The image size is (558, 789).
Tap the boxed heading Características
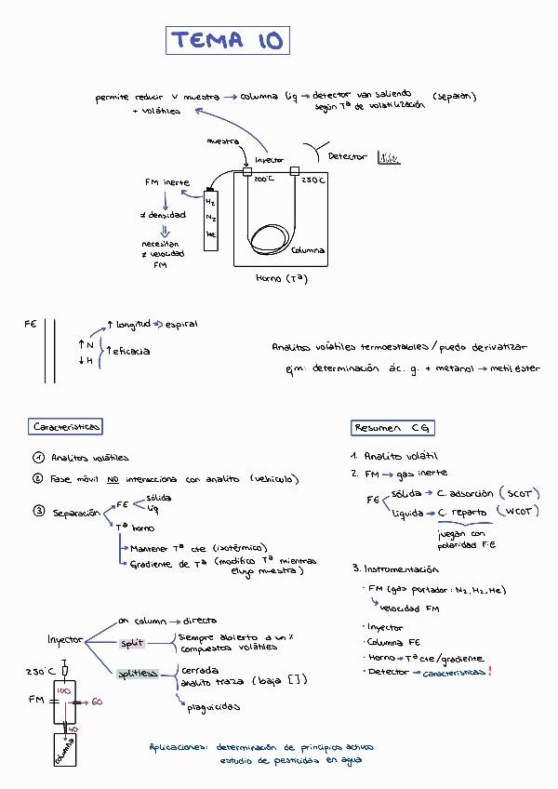tap(66, 426)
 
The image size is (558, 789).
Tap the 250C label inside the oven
tap(313, 180)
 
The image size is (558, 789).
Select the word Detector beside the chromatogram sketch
tap(348, 157)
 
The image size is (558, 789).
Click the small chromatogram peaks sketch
tap(389, 158)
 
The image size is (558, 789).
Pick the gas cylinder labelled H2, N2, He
tap(211, 216)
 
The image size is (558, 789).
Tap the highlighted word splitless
tap(138, 673)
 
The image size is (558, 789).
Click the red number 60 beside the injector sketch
tap(97, 701)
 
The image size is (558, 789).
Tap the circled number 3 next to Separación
tap(37, 512)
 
